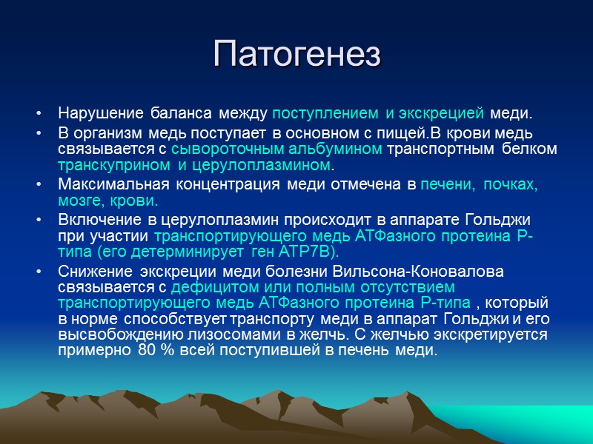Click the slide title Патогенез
(x=296, y=54)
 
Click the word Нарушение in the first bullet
(x=92, y=115)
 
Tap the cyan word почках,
(x=511, y=184)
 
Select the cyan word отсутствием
(x=408, y=286)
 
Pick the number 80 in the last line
(x=146, y=351)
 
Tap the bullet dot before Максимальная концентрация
(x=39, y=184)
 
